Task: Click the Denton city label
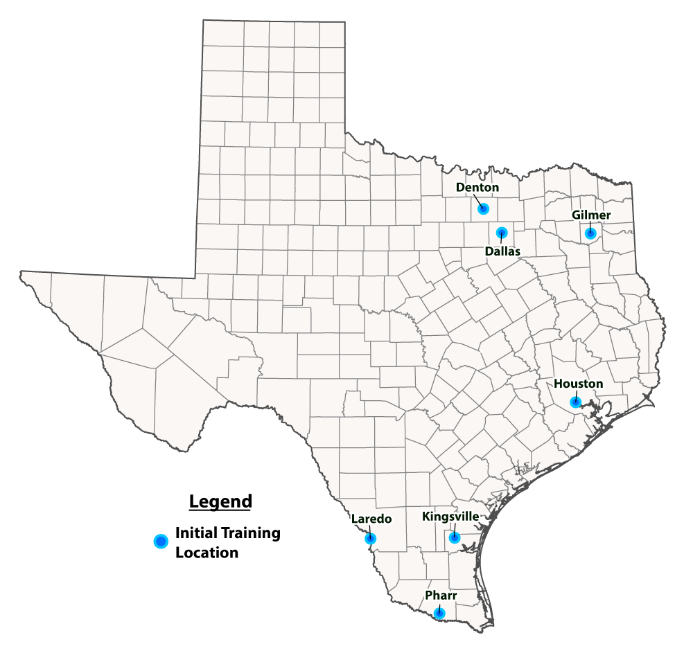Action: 477,187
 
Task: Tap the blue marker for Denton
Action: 484,208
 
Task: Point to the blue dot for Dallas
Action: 502,233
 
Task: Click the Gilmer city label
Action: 591,215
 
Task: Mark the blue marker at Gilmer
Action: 590,233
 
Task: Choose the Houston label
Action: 578,384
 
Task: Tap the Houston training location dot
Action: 575,402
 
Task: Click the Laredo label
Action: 371,519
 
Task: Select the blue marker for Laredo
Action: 371,538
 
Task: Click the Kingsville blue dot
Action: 454,537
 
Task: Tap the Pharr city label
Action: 441,595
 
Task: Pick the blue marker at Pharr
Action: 439,613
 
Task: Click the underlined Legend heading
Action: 220,501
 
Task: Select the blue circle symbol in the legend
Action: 161,542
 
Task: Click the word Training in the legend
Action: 250,533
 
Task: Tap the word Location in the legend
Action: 207,553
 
